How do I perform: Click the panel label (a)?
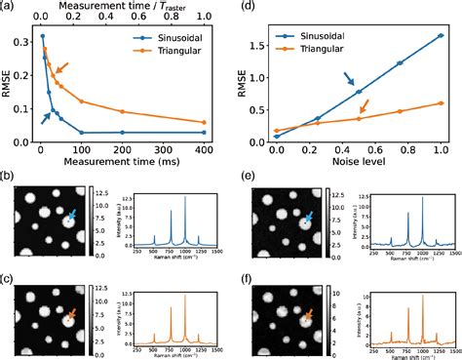(x=9, y=8)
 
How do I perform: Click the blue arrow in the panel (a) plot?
(x=45, y=116)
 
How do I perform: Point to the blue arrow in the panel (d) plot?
(x=348, y=79)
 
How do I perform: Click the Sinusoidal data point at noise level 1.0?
(x=441, y=35)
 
